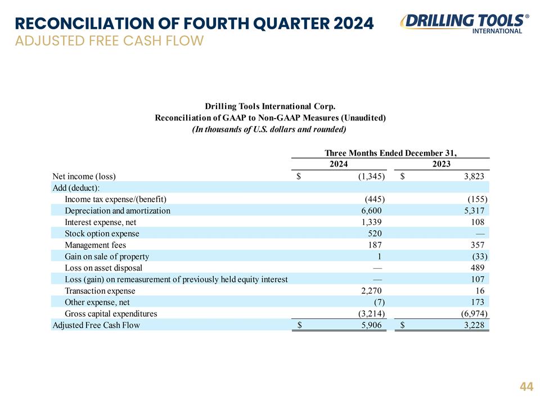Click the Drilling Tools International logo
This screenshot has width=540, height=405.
[x=465, y=24]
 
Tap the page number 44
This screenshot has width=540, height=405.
[x=526, y=386]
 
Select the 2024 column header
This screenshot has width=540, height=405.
[x=339, y=164]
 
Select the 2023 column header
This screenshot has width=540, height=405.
[x=442, y=164]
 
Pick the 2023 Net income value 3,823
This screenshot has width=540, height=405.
[x=474, y=176]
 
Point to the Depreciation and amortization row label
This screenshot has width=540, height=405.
[x=118, y=211]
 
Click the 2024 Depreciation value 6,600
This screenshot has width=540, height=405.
[x=371, y=211]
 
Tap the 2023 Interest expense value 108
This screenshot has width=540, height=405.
[x=478, y=222]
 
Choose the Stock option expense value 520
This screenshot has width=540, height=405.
[x=375, y=233]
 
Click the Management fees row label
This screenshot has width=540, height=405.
[x=96, y=245]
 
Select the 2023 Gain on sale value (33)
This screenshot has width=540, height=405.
[x=479, y=256]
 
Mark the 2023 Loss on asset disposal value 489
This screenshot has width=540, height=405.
[x=478, y=268]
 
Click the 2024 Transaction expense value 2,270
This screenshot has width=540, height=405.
[x=371, y=291]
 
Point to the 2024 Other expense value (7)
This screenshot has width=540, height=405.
[x=377, y=303]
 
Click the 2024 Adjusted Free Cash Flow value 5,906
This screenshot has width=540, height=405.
[x=371, y=325]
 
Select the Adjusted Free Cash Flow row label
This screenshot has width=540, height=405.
[x=96, y=325]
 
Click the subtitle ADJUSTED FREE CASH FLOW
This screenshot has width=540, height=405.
[x=110, y=40]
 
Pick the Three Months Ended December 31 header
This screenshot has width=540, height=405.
[x=390, y=153]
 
